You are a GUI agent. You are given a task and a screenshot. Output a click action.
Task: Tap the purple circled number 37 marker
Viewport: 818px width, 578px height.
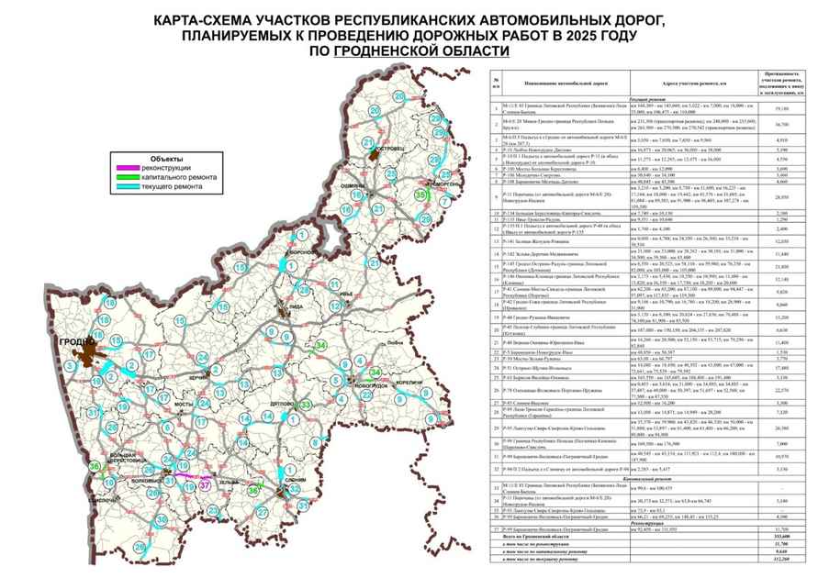[x=204, y=484]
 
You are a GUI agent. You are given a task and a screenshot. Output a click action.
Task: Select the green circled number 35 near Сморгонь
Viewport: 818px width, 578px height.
[x=421, y=196]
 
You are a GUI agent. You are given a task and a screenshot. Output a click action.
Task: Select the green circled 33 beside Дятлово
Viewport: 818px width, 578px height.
[x=307, y=404]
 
